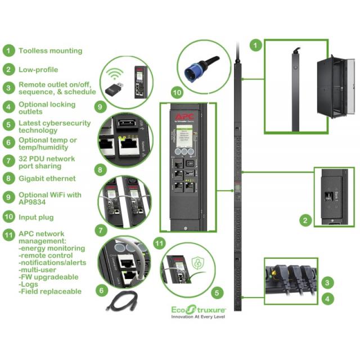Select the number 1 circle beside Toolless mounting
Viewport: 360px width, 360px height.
tap(8, 50)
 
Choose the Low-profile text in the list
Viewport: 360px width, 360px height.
tap(38, 70)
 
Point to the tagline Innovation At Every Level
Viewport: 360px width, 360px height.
tap(199, 317)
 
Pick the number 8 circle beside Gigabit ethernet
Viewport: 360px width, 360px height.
tap(8, 178)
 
